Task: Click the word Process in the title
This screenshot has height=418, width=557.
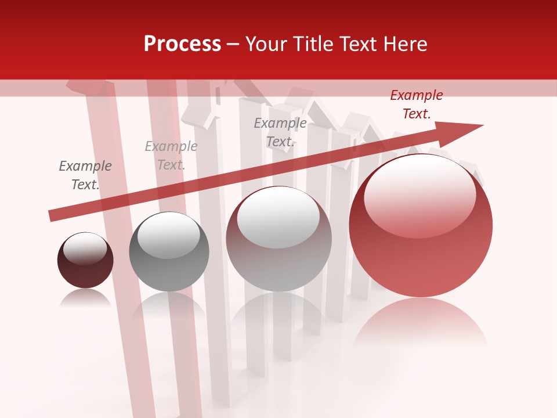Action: [x=182, y=44]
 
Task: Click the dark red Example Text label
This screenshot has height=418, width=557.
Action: [x=416, y=105]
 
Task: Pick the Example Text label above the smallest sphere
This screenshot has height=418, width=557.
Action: [x=85, y=175]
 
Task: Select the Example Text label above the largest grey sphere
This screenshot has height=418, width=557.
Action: [x=280, y=132]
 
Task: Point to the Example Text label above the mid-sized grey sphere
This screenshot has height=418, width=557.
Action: [x=171, y=156]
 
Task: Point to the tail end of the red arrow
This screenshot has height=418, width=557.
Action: [x=53, y=215]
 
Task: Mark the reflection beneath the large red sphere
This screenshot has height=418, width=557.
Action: [x=421, y=322]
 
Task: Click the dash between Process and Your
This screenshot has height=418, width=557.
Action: [x=233, y=44]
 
